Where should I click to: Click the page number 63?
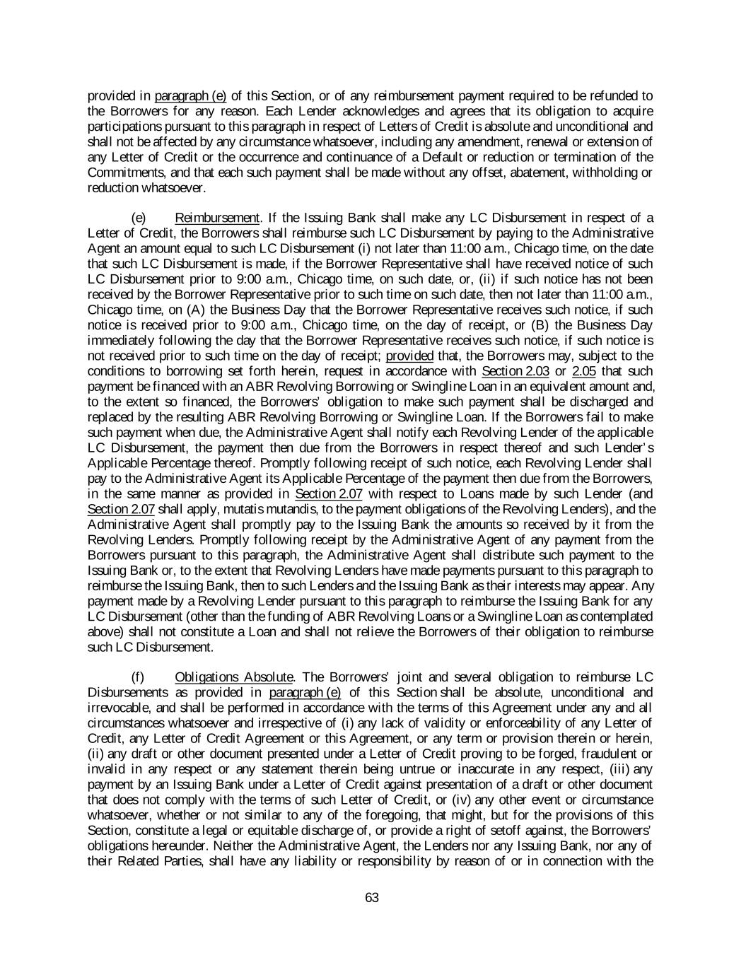pos(373,898)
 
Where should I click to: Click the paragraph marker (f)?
pos(139,677)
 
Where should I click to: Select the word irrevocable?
pos(117,708)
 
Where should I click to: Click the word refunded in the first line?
pos(615,95)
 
